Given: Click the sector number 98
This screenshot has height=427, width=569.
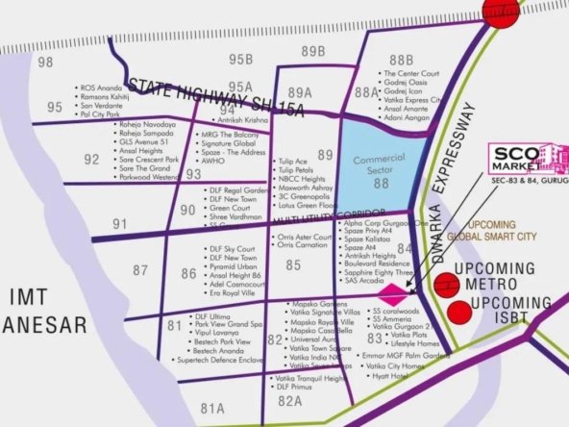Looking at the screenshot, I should [45, 62].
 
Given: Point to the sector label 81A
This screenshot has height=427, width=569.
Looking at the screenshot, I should [211, 408].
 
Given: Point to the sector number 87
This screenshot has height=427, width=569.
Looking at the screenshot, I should [140, 271].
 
